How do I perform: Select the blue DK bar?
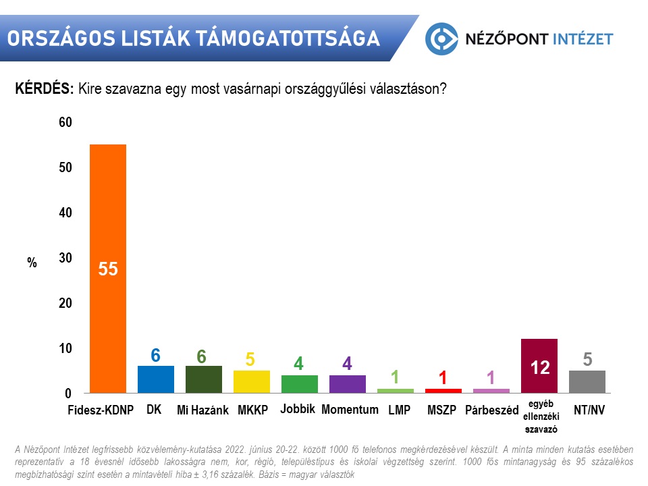click(155, 379)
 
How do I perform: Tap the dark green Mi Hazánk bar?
click(203, 379)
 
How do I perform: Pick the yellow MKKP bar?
click(251, 381)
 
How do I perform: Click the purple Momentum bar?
click(347, 384)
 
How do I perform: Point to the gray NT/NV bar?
click(587, 381)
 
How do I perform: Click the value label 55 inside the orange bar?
click(108, 269)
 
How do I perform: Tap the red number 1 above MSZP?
click(443, 378)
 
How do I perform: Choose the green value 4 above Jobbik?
click(299, 364)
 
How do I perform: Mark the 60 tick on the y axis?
click(65, 122)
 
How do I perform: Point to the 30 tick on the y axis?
click(65, 258)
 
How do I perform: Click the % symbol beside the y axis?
click(32, 263)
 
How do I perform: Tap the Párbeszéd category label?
click(491, 410)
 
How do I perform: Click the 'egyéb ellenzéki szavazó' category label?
click(539, 416)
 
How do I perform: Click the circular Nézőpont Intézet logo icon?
click(441, 38)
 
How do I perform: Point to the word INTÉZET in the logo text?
click(583, 38)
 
